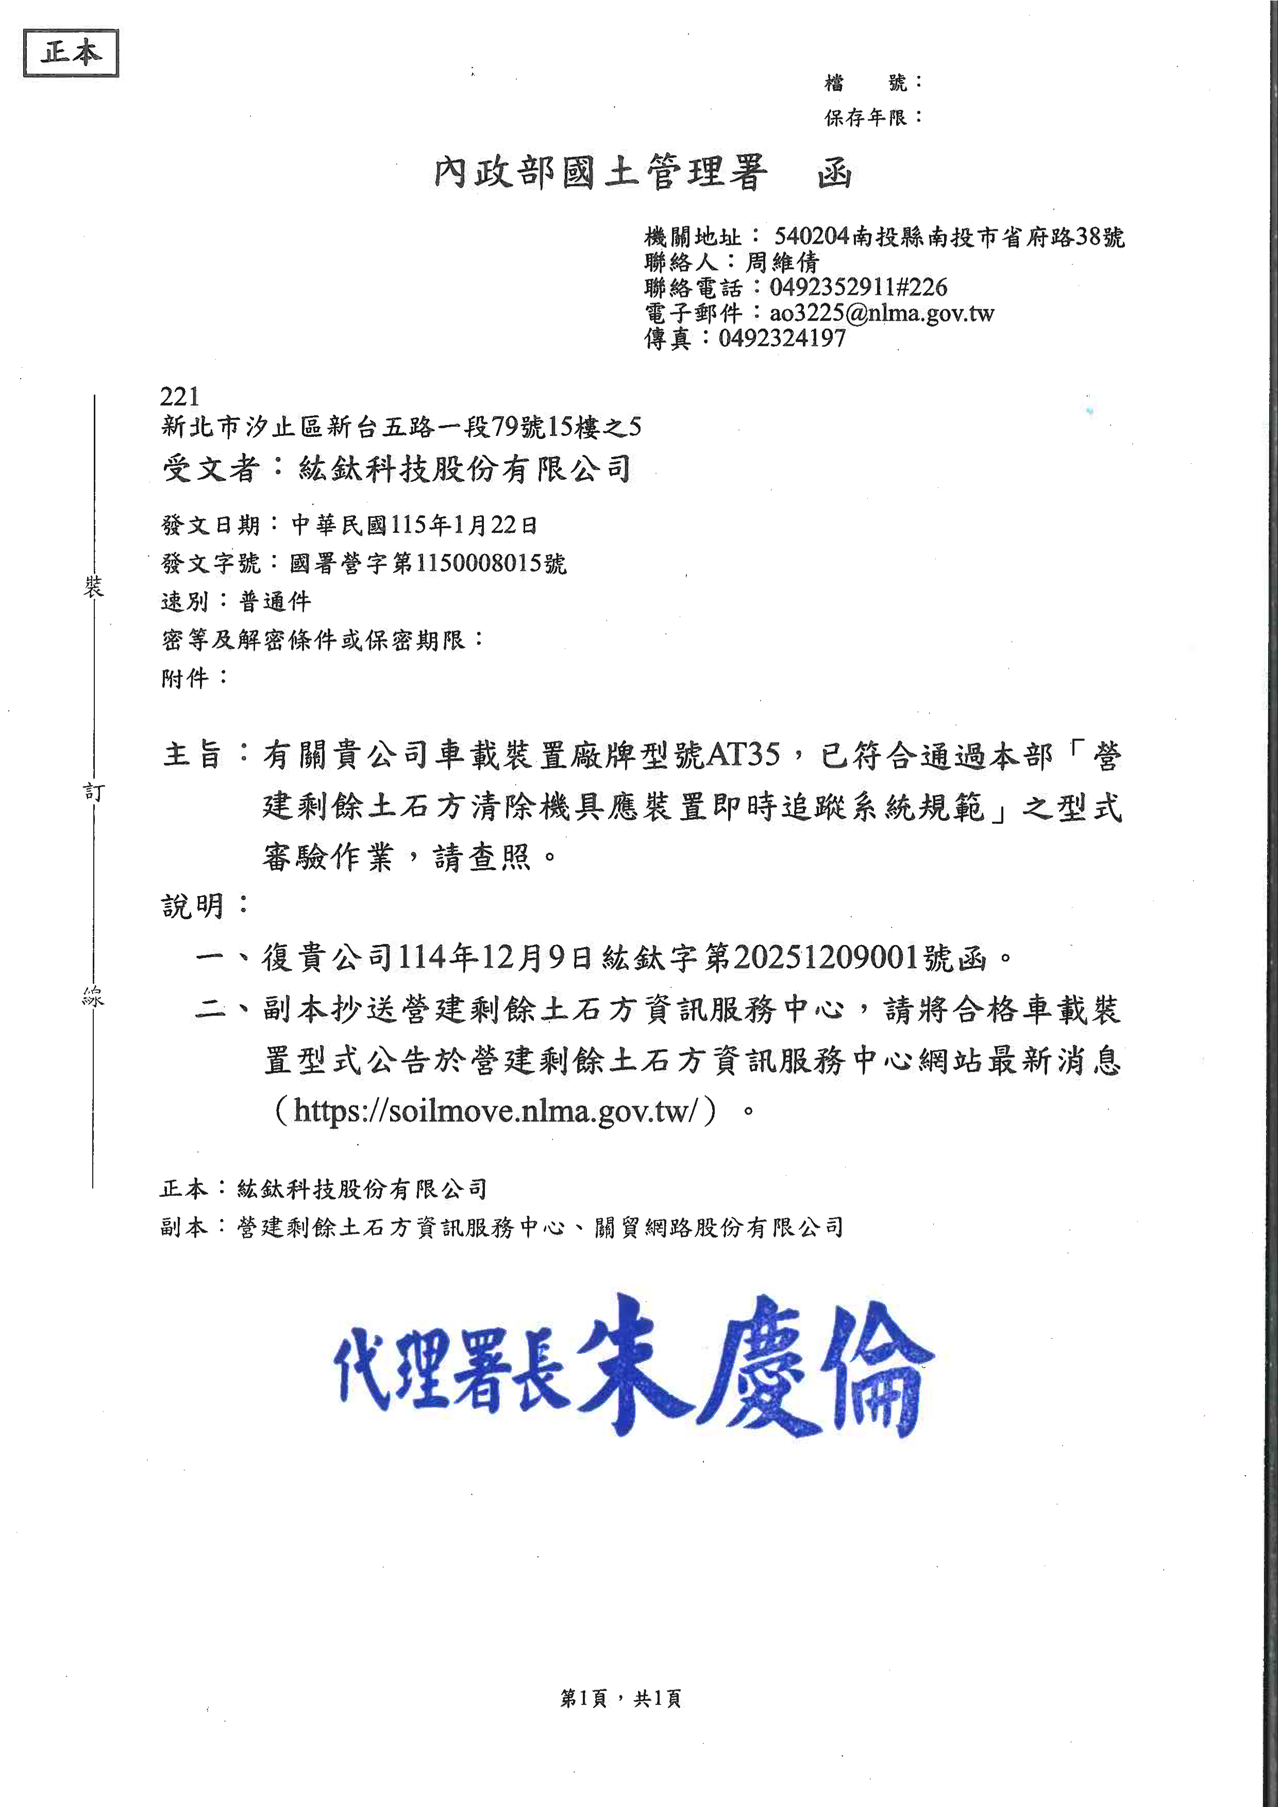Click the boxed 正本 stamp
click(x=71, y=53)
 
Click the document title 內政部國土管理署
click(x=600, y=172)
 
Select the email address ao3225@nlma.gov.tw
click(x=881, y=313)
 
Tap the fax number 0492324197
click(x=782, y=339)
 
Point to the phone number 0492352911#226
click(x=858, y=288)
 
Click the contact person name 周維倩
click(x=782, y=262)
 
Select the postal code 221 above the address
click(x=179, y=396)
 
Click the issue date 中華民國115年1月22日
click(x=415, y=524)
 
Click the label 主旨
click(x=193, y=754)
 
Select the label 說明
click(x=193, y=906)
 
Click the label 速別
click(x=185, y=601)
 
